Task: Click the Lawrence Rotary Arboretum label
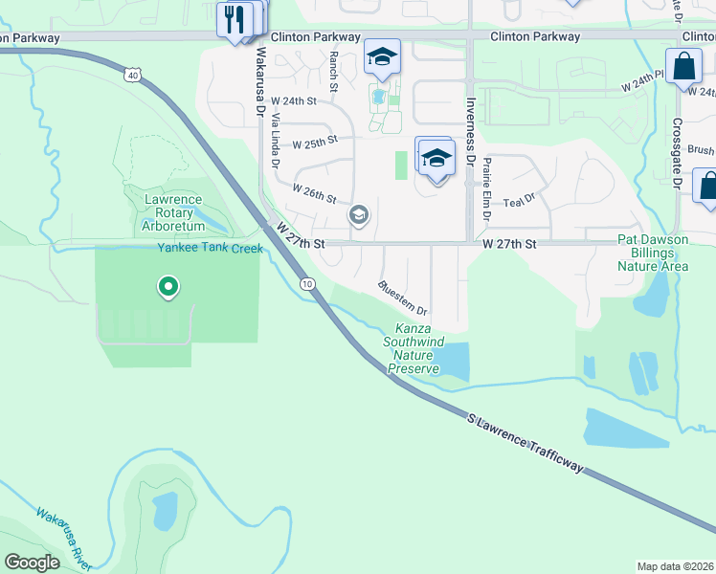coord(173,212)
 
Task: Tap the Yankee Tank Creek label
coord(210,249)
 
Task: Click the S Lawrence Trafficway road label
coord(526,442)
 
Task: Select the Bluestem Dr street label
coord(402,298)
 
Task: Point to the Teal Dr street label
coord(517,202)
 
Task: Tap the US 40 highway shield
coord(133,74)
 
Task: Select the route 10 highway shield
coord(306,284)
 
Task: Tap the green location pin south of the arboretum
coord(168,285)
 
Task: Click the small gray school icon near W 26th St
coord(358,214)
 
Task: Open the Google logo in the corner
coord(32,563)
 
